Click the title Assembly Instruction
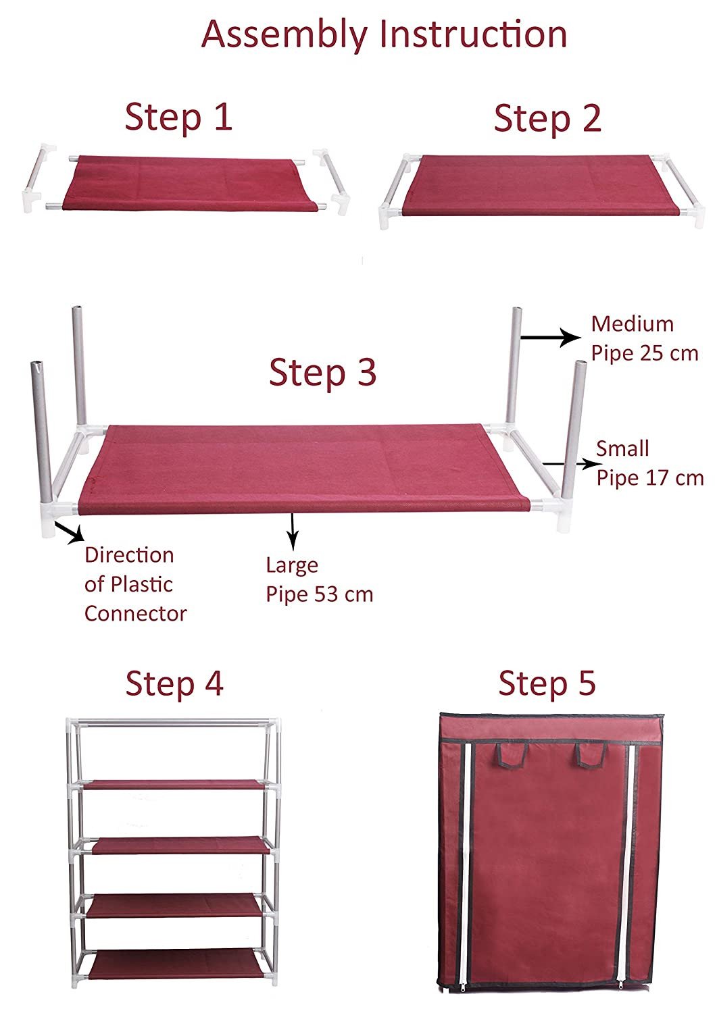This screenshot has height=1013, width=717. [x=384, y=35]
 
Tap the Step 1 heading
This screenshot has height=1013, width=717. [x=178, y=118]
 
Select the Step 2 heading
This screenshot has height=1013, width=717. [x=547, y=118]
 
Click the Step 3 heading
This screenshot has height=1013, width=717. [x=323, y=372]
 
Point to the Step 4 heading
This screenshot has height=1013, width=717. [x=174, y=683]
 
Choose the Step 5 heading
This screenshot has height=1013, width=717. [x=547, y=683]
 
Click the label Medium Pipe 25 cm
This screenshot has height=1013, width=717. [x=645, y=339]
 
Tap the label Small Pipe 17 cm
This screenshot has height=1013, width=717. [x=649, y=463]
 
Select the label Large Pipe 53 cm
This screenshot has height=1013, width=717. [x=319, y=579]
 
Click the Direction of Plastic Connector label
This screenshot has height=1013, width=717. [x=135, y=584]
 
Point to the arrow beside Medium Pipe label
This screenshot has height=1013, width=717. [x=551, y=338]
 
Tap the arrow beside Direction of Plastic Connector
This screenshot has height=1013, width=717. [x=69, y=532]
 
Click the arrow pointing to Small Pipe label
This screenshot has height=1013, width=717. [x=572, y=464]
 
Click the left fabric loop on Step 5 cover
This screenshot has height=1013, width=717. [x=512, y=756]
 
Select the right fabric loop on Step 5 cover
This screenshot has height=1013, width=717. [x=591, y=756]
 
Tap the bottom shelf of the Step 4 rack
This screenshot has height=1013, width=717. [x=176, y=960]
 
